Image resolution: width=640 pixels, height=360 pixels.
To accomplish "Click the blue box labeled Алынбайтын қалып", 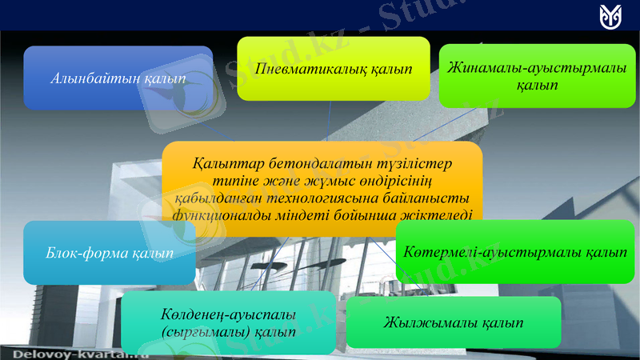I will click(118, 78).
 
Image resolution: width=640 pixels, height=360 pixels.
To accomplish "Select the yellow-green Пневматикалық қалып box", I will click(333, 68).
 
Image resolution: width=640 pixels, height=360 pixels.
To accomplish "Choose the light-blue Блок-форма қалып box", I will click(109, 253).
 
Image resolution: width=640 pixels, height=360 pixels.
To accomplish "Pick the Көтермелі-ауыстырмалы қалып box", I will click(515, 252).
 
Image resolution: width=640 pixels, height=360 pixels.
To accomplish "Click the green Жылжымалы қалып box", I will click(453, 322).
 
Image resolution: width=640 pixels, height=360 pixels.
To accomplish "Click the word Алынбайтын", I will click(97, 78).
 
